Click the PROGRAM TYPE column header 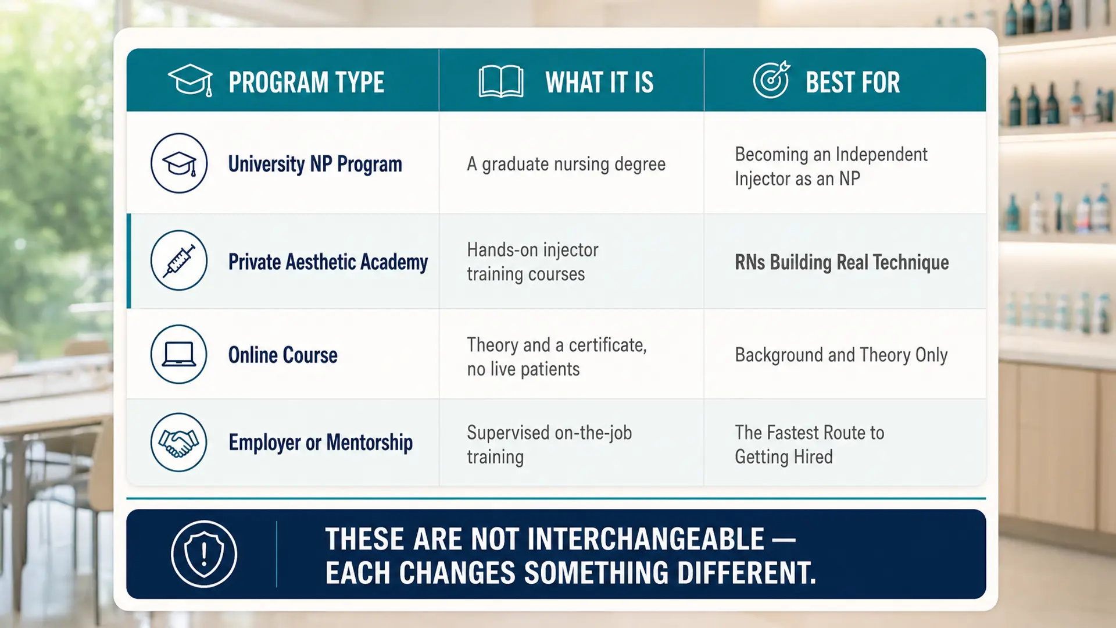point(306,82)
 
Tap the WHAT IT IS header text point(599,82)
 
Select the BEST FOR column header point(853,82)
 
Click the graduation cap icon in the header point(190,80)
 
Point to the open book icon point(500,81)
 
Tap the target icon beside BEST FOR point(771,80)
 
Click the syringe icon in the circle point(179,261)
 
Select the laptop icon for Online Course point(179,354)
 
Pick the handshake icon point(179,442)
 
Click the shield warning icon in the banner point(204,554)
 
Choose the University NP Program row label point(315,164)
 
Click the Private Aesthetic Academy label point(328,262)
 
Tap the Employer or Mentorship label point(320,443)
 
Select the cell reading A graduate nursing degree point(566,164)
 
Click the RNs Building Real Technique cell point(842,262)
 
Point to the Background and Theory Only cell point(841,355)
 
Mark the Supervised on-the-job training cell point(549,444)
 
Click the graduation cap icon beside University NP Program point(179,163)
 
